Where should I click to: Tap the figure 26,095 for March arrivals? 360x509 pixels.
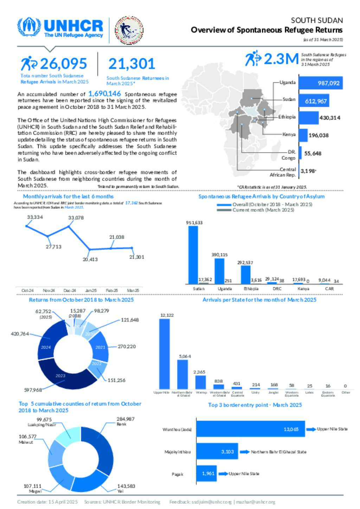coord(63,64)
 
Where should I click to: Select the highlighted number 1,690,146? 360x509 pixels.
coord(104,94)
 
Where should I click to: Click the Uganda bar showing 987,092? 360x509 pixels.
coord(320,83)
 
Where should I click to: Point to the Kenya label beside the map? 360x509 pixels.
coord(289,134)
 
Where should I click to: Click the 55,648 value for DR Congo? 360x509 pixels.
coord(313,154)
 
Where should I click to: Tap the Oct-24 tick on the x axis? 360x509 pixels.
coord(27,291)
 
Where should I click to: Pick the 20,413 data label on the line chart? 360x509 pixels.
coord(90,259)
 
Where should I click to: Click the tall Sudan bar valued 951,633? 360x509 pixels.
coord(193,255)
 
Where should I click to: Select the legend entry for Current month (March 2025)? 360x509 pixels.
coord(263,210)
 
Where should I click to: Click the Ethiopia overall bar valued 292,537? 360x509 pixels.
coord(245,274)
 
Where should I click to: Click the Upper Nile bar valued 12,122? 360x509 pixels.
coord(164,353)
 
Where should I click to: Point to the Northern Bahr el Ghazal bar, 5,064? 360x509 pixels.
coord(182,374)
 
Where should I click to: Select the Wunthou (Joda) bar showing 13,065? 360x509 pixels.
coord(250,429)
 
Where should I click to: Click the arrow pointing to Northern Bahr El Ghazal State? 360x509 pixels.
coord(245,452)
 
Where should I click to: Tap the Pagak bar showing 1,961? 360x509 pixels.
coord(206,474)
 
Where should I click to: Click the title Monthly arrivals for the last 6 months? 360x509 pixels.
coord(68,196)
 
